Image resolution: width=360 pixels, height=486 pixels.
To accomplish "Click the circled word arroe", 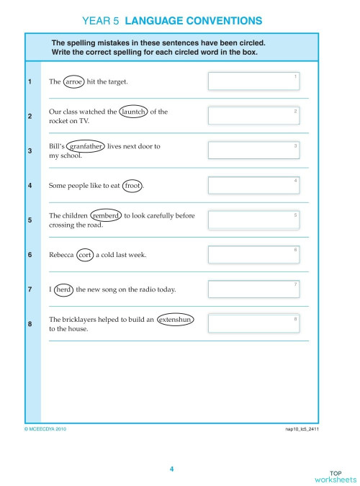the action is tap(74, 81).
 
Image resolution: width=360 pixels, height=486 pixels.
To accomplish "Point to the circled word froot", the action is tap(132, 186).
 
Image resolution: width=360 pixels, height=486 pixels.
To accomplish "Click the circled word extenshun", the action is tap(176, 319).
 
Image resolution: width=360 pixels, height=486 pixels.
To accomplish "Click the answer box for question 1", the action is tap(254, 81).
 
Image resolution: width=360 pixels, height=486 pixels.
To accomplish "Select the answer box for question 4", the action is tap(254, 185).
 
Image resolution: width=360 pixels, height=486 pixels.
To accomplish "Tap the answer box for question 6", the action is tap(254, 254).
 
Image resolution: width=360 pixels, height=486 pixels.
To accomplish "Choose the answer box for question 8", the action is tap(254, 323).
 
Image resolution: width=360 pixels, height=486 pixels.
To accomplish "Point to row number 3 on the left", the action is tap(30, 150).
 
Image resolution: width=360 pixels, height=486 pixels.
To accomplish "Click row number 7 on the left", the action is tap(30, 289).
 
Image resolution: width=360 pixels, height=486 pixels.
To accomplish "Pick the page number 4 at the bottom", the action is tap(171, 469).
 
